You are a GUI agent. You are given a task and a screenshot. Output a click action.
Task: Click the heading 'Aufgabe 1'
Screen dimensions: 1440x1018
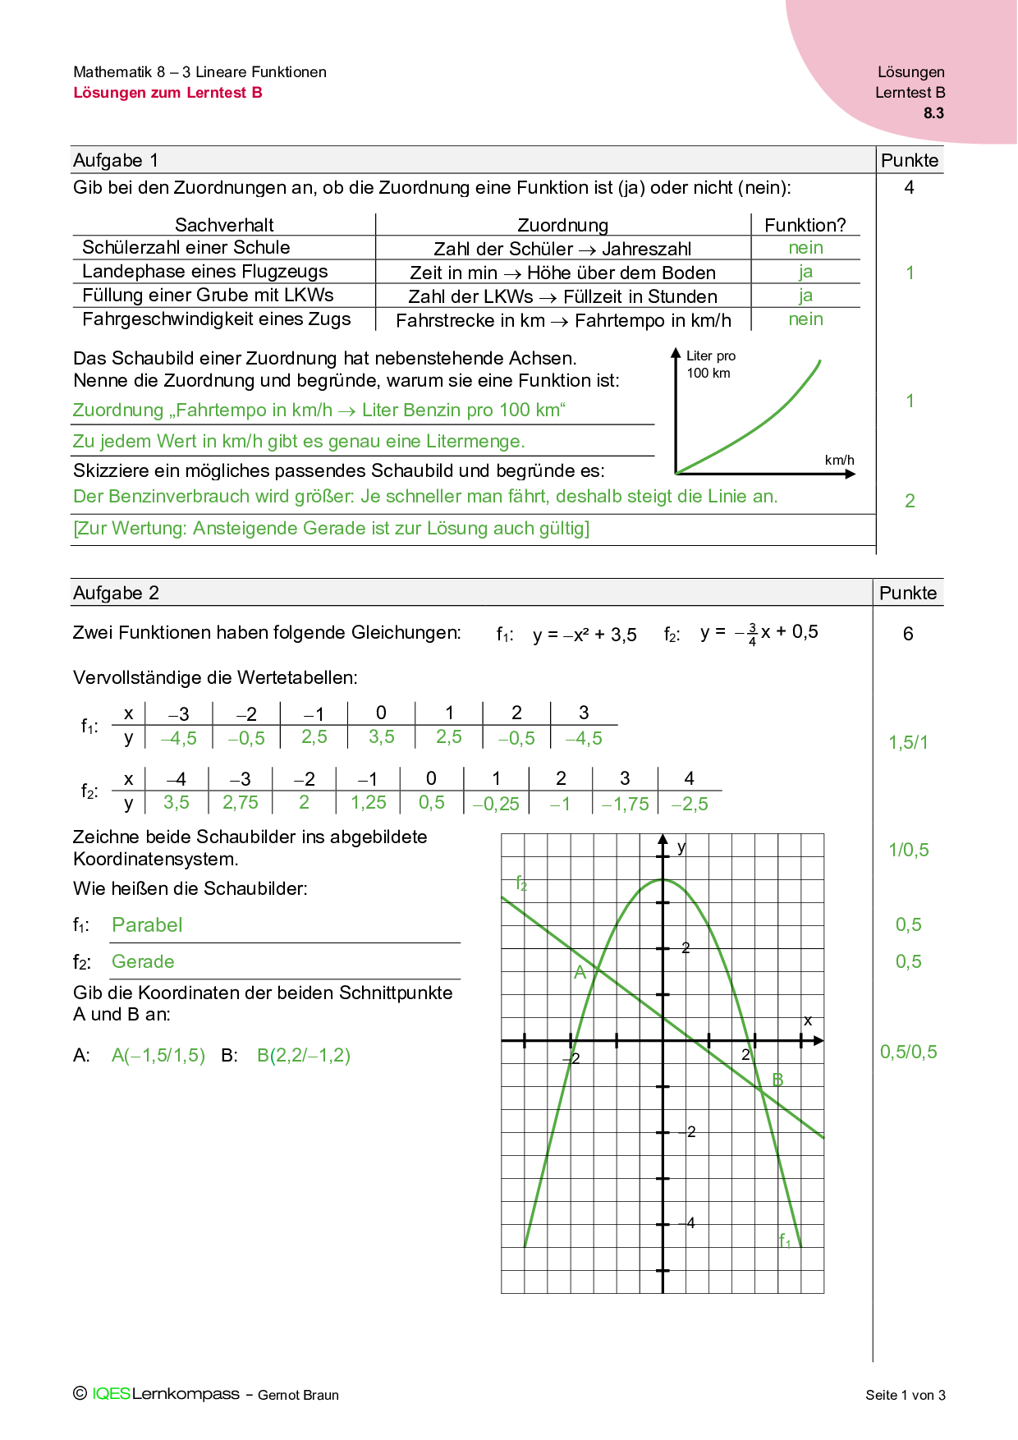coord(116,160)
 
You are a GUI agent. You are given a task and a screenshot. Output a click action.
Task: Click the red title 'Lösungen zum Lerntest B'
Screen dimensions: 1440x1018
coord(167,93)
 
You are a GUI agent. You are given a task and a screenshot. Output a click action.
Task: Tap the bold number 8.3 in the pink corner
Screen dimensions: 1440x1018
coord(933,113)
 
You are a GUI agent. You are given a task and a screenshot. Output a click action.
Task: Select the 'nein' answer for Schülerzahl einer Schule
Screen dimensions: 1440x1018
coord(805,248)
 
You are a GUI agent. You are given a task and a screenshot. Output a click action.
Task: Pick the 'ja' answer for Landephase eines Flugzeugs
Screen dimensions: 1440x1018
coord(805,272)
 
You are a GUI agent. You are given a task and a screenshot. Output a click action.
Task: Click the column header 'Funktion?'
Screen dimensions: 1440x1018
coord(805,225)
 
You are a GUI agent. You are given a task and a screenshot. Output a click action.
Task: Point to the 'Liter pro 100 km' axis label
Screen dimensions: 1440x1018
coord(710,365)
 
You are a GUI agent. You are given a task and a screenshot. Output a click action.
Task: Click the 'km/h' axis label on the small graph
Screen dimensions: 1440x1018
coord(839,460)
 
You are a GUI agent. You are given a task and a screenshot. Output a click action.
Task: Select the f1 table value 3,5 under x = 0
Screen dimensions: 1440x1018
coord(381,737)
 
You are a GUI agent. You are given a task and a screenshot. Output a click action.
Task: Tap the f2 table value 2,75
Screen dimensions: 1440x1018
coord(241,803)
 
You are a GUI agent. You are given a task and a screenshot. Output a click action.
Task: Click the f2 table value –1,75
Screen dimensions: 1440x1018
coord(626,805)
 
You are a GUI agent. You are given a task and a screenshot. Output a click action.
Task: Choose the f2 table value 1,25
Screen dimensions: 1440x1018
coord(368,803)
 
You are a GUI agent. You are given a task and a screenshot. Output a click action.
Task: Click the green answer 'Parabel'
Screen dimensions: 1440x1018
coord(147,925)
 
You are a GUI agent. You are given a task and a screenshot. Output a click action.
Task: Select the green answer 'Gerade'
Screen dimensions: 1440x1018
coord(143,961)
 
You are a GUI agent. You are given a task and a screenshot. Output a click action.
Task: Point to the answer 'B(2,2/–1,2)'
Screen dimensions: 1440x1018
coord(304,1056)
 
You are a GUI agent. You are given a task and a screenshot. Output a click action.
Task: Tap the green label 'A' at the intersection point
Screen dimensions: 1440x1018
coord(580,973)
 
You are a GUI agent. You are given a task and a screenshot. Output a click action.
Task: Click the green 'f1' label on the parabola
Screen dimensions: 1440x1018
coord(785,1240)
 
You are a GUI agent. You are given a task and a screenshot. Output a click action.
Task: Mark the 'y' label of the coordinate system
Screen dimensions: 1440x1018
coord(681,847)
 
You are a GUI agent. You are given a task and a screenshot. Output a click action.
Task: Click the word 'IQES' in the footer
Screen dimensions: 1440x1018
coord(111,1394)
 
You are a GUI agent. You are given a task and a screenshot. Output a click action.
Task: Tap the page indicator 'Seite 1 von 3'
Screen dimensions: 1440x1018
coord(905,1395)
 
